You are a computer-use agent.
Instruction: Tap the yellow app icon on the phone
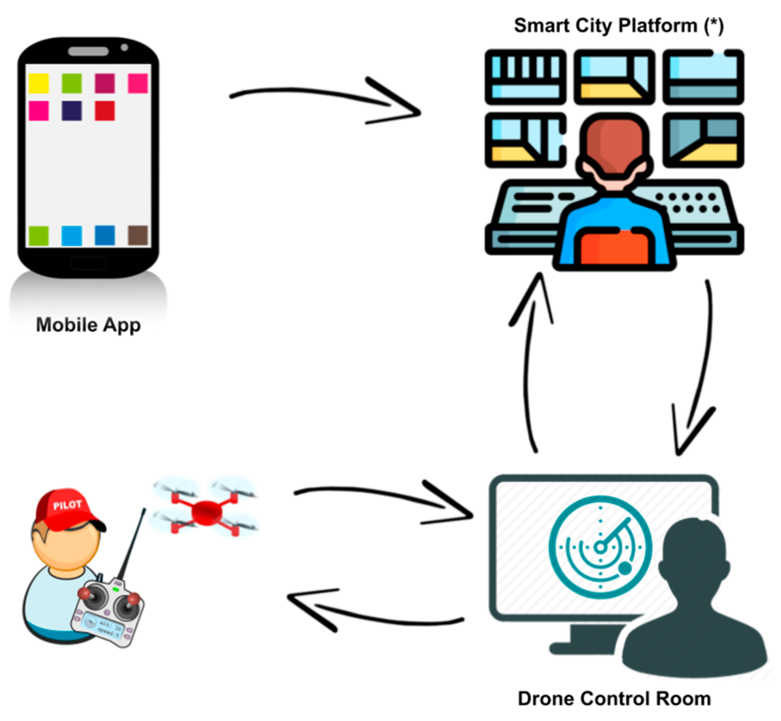coord(38,83)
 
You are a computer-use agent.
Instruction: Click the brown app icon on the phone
coord(138,235)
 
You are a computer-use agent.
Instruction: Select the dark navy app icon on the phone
coord(71,111)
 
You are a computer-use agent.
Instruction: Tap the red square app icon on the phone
coord(104,111)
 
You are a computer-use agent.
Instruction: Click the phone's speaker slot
coord(88,52)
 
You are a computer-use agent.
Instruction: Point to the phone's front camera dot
coord(124,47)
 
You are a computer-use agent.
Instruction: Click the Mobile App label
coord(88,325)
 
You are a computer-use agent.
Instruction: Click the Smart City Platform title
coord(618,26)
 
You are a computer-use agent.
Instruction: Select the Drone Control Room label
coord(614,699)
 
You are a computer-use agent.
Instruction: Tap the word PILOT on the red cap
coord(67,505)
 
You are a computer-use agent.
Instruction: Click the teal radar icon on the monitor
coord(600,547)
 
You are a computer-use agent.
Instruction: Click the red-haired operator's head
coord(614,144)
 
